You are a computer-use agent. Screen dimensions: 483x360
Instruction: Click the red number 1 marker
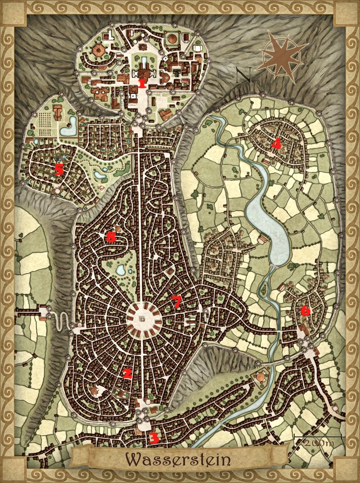142,83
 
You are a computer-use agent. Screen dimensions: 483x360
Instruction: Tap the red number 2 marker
127,373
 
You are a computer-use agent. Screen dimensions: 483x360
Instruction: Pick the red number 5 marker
58,170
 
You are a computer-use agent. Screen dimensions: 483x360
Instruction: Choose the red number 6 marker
305,310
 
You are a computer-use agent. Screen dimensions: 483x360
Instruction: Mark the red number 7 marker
177,302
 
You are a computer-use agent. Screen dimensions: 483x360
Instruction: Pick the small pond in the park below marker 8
121,270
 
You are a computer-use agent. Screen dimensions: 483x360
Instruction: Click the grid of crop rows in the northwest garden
45,122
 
